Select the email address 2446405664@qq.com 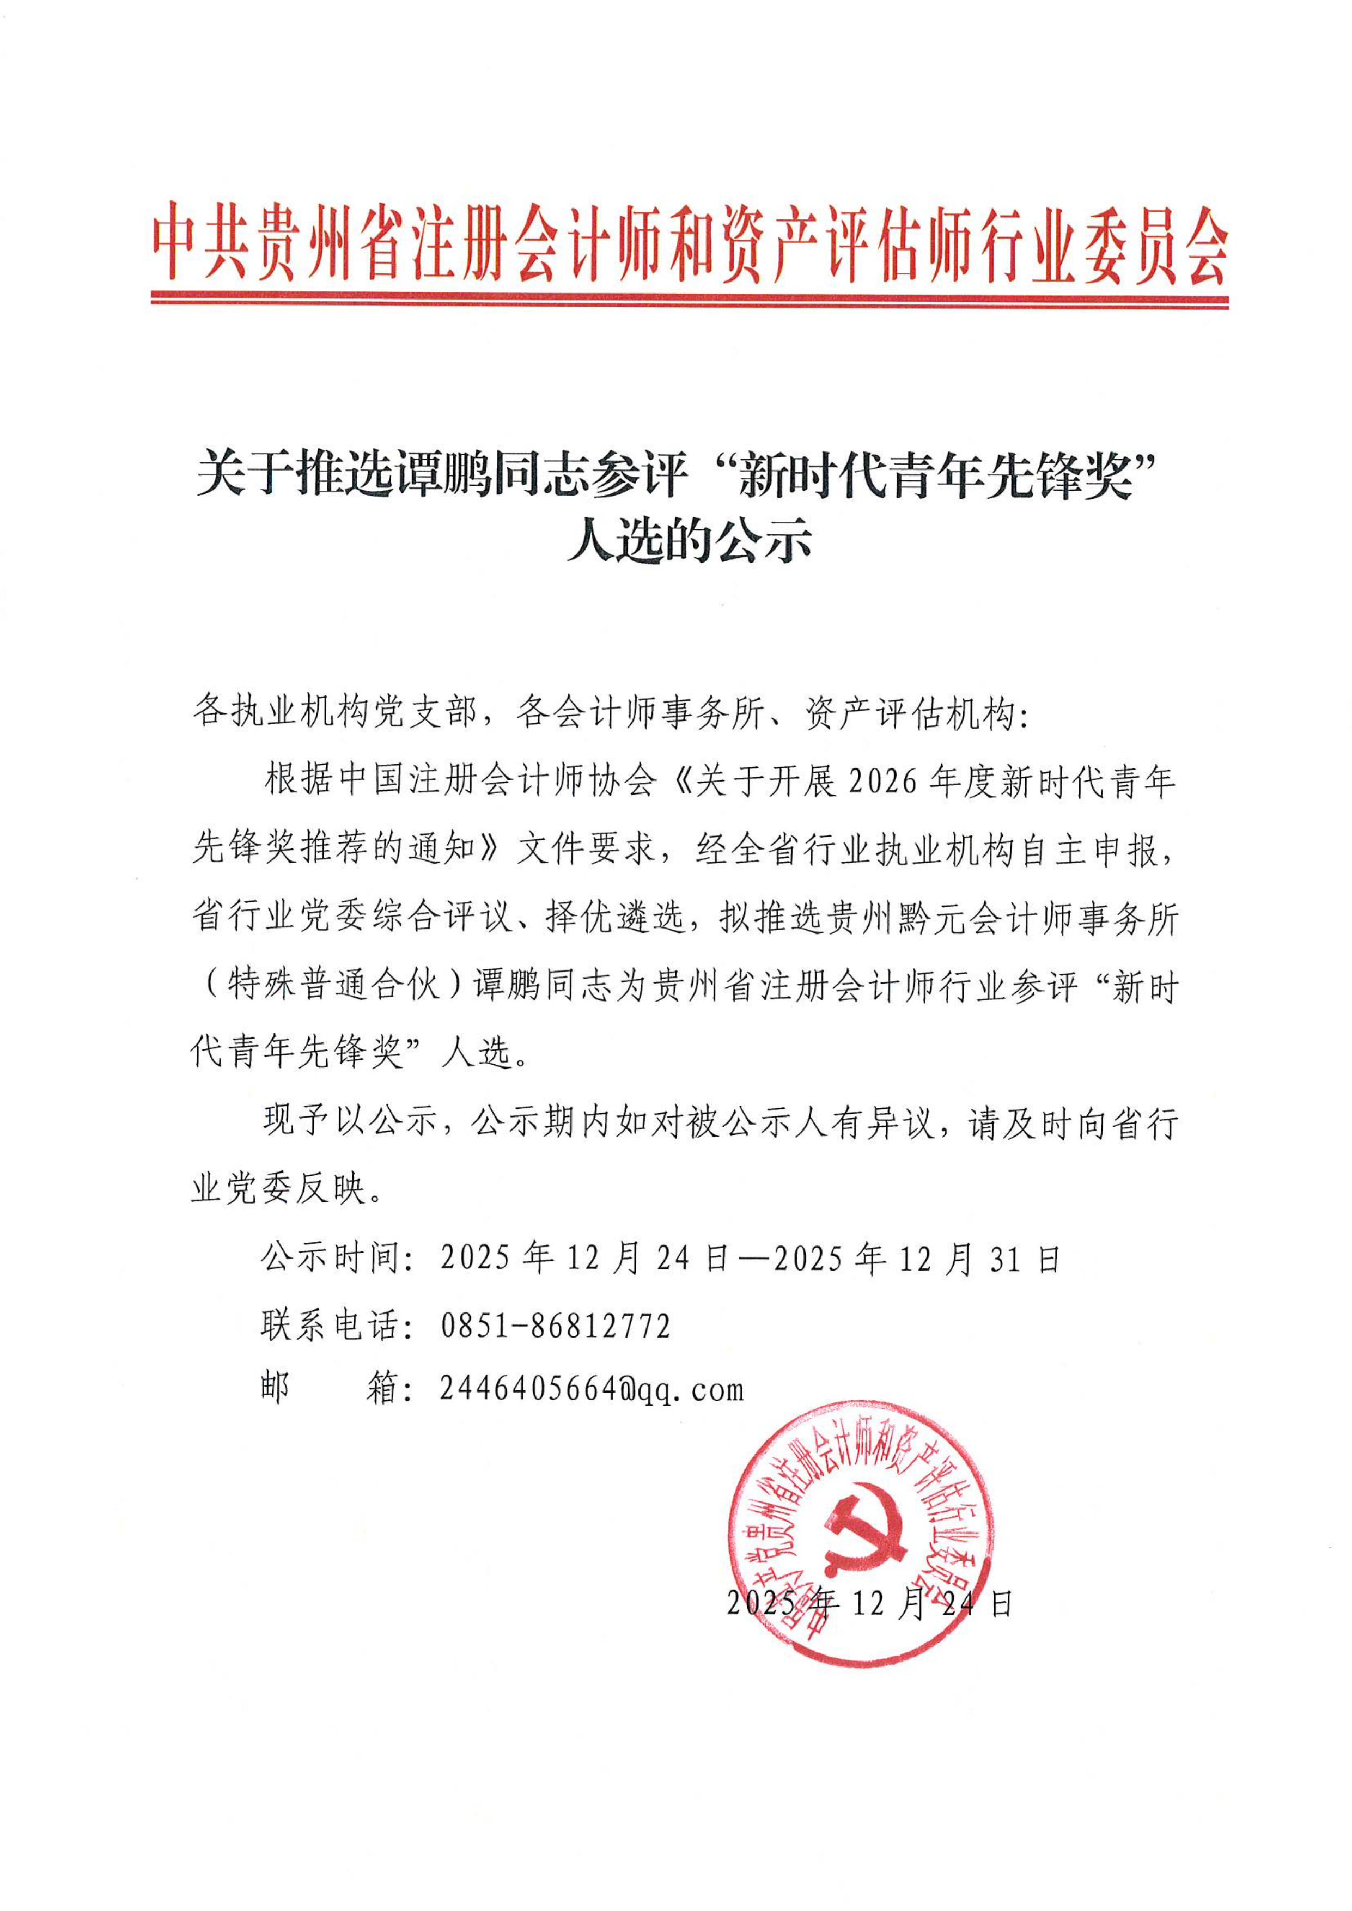591,1389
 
